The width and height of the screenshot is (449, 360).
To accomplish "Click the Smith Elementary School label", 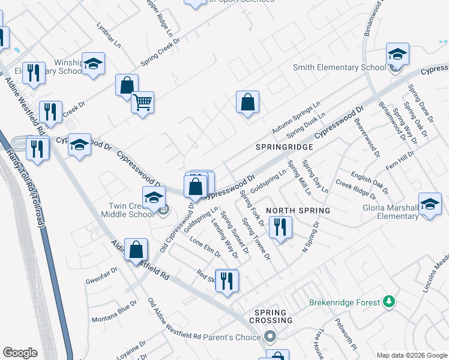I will (339, 67).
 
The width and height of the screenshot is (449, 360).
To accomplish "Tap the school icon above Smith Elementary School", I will (397, 54).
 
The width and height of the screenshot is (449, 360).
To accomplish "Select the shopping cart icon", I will (143, 103).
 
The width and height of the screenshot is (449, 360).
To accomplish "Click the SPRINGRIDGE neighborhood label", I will (284, 147).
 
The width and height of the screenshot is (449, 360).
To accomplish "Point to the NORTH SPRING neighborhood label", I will (298, 211).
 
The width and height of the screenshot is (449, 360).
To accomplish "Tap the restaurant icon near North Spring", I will (280, 227).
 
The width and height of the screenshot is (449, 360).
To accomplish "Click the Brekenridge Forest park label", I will (345, 302).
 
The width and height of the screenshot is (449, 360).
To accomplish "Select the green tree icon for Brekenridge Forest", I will (389, 301).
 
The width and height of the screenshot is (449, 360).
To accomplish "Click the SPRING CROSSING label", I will (273, 316).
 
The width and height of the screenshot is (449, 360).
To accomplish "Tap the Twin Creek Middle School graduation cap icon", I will (154, 197).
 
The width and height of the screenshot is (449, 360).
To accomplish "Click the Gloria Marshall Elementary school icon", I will (430, 204).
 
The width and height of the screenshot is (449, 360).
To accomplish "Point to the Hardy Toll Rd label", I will (23, 179).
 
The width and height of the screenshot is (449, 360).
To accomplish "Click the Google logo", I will (20, 353).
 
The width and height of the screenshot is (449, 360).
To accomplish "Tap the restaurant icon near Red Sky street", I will (227, 280).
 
